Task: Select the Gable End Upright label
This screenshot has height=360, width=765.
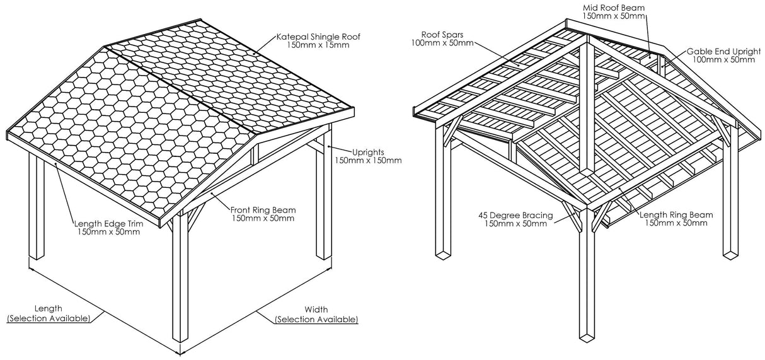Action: tap(720, 51)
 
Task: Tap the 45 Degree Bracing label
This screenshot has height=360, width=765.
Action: tap(515, 215)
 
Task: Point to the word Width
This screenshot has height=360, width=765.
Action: tap(316, 310)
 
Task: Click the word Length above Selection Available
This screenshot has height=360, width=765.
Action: tap(49, 309)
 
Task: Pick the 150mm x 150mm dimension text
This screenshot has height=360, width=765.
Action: tap(367, 160)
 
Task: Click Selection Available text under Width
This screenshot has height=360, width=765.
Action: tap(316, 319)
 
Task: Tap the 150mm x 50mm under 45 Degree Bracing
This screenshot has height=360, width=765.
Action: tap(515, 224)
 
